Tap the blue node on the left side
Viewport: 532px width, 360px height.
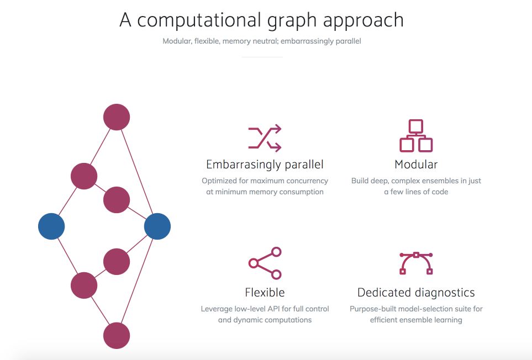pyautogui.click(x=51, y=226)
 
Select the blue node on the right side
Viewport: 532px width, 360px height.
pyautogui.click(x=157, y=226)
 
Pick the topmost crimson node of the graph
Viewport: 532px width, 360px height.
pyautogui.click(x=117, y=117)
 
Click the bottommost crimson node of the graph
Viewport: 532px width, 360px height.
pyautogui.click(x=117, y=336)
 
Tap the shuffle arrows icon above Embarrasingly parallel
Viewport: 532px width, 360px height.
pyautogui.click(x=265, y=138)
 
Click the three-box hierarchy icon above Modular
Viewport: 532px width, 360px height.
pyautogui.click(x=416, y=136)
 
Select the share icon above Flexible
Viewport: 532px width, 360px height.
pyautogui.click(x=265, y=263)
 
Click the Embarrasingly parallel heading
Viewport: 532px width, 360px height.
pyautogui.click(x=265, y=165)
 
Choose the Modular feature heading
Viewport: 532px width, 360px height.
pyautogui.click(x=416, y=165)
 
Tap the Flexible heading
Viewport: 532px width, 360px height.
pyautogui.click(x=265, y=292)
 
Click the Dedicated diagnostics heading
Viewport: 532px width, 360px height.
pyautogui.click(x=416, y=292)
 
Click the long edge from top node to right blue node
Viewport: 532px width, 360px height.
pyautogui.click(x=137, y=172)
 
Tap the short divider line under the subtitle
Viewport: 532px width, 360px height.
pyautogui.click(x=262, y=57)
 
